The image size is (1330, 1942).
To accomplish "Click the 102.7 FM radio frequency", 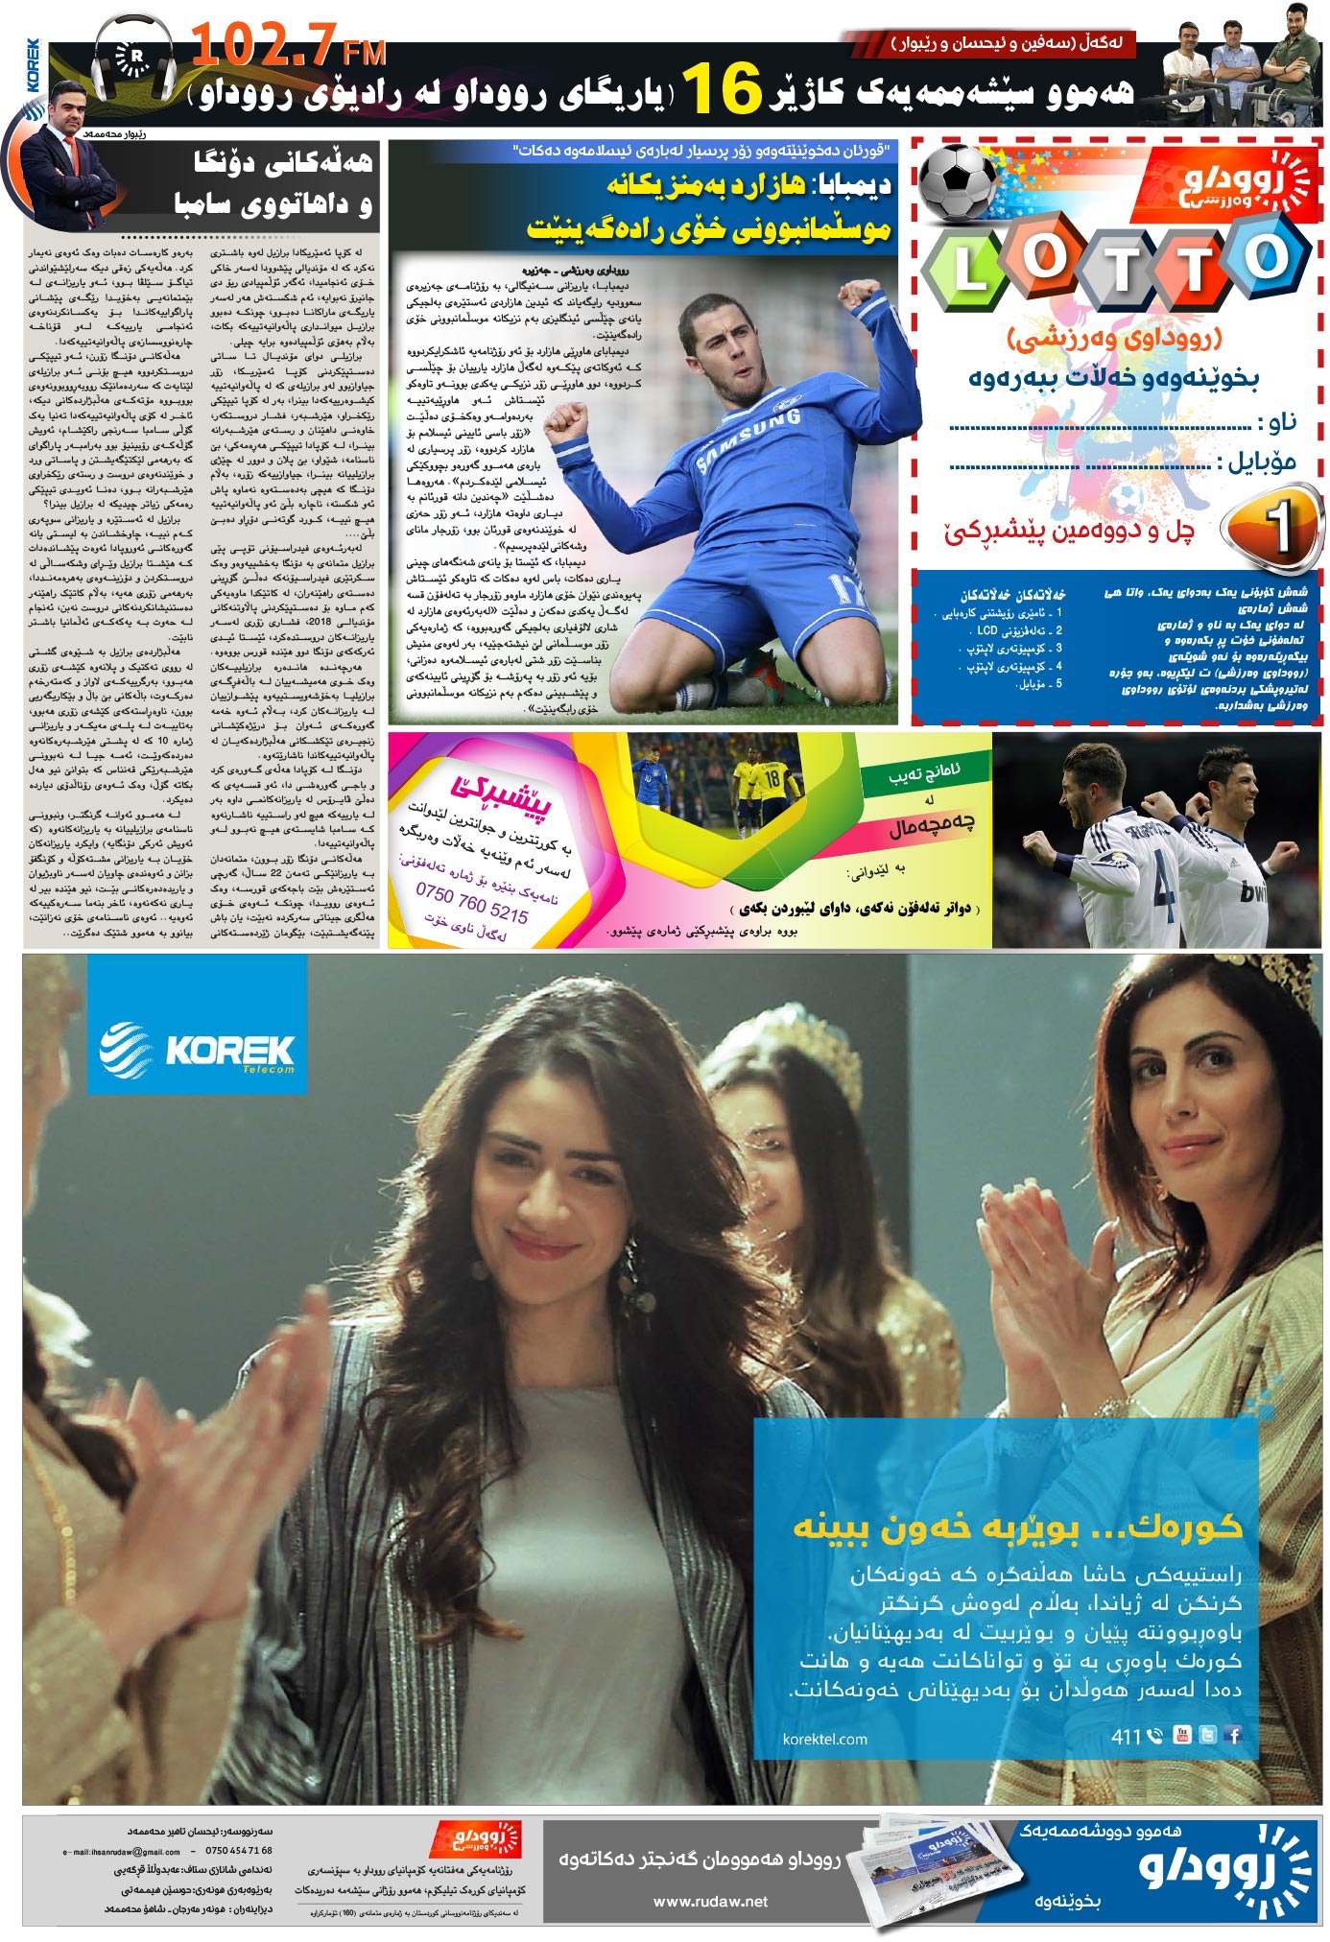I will pos(288,46).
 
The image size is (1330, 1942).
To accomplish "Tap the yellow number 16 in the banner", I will pos(722,88).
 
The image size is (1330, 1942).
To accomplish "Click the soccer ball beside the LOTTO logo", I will pos(959,181).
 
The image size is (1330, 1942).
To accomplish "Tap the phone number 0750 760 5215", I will pos(471,901).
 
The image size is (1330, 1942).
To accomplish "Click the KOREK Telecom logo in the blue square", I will pos(197,1050).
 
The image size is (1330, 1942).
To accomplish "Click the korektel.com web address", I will pos(824,1739).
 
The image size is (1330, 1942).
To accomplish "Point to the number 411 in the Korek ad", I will pos(1126,1736).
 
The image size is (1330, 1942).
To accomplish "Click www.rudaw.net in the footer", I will pos(710,1901).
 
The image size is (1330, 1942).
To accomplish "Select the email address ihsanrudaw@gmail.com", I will pos(122,1851).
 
